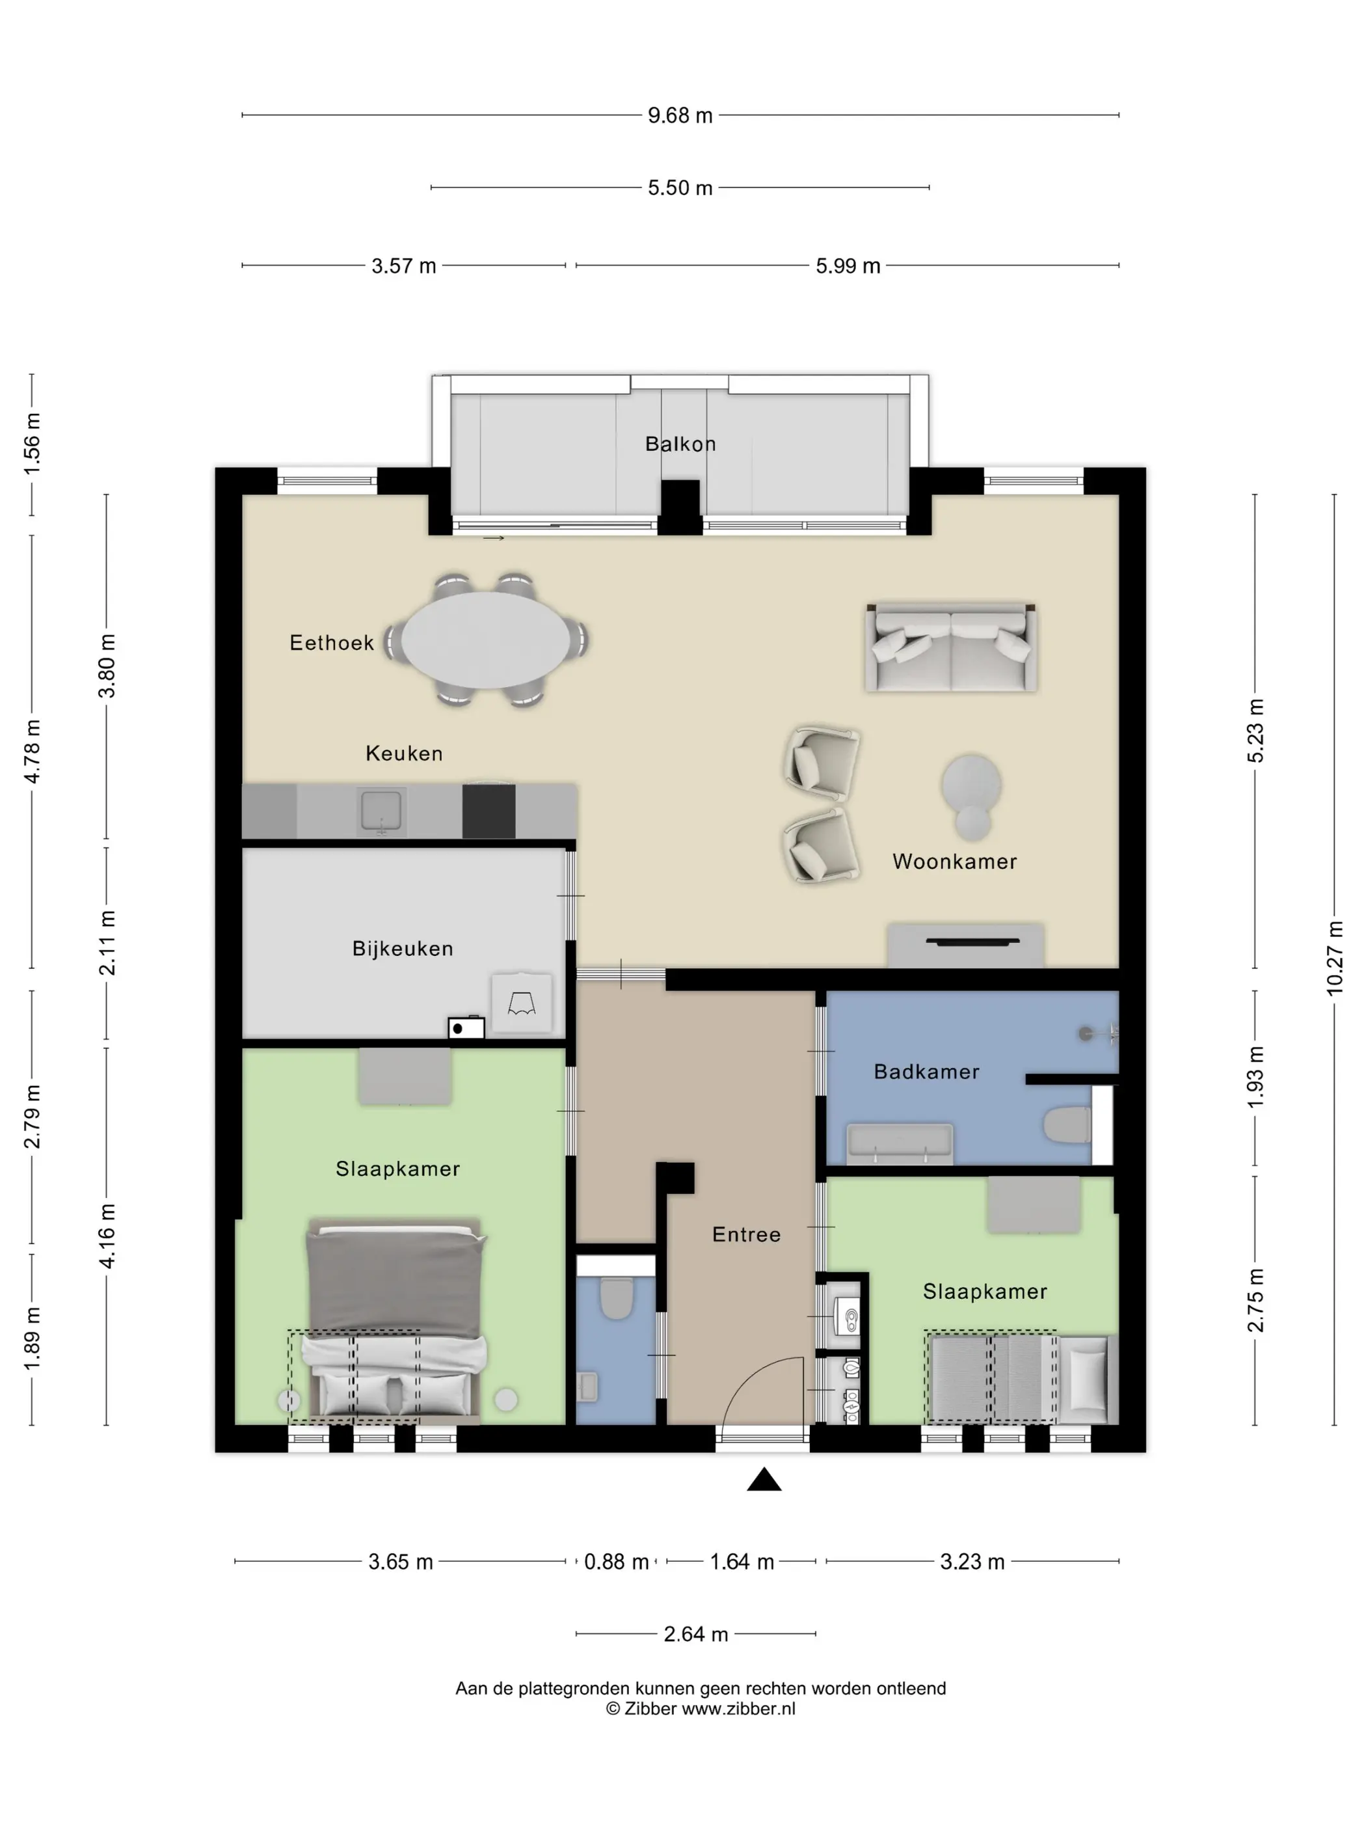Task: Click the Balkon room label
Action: click(x=680, y=444)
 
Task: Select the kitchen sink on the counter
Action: click(x=381, y=811)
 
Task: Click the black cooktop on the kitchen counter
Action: click(x=489, y=811)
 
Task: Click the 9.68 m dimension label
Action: click(x=680, y=115)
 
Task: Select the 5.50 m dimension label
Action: click(x=680, y=188)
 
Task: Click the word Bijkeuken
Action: click(x=403, y=949)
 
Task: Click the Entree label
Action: click(x=746, y=1234)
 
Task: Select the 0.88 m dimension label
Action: click(x=616, y=1562)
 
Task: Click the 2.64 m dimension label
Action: click(x=696, y=1634)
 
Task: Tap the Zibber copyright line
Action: click(x=701, y=1709)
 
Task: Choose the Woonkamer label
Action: click(x=954, y=862)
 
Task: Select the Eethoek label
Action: click(x=332, y=644)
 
